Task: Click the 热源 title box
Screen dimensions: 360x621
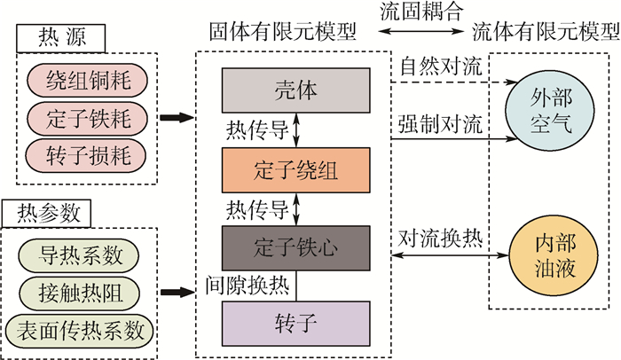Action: (x=60, y=37)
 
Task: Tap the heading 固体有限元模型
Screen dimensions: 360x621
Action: (x=283, y=33)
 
